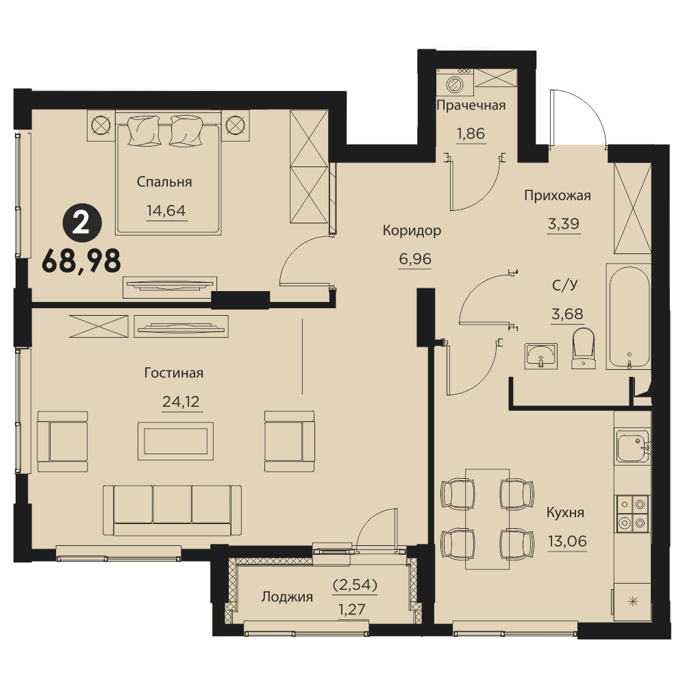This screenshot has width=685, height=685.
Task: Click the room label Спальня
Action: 164,182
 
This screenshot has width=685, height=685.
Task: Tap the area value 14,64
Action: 166,210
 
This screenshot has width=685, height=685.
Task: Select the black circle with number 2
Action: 82,225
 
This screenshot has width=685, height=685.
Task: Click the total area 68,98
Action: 82,262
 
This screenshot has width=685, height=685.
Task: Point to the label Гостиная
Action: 174,373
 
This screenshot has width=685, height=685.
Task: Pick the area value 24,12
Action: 181,401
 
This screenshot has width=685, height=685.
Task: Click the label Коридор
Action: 412,230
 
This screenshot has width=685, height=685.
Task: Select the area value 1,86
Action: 471,134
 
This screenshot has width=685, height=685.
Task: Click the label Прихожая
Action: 558,195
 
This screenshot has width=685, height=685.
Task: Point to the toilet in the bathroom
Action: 583,348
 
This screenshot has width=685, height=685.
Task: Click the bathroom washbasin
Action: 541,356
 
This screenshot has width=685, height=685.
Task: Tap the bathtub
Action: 629,316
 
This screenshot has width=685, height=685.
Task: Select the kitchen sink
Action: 633,447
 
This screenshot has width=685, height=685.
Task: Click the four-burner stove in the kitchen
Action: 633,514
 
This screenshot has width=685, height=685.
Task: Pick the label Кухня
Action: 565,512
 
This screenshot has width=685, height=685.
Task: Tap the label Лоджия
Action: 287,597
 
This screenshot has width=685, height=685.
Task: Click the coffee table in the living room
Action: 175,440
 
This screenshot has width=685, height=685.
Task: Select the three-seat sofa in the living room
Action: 172,510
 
